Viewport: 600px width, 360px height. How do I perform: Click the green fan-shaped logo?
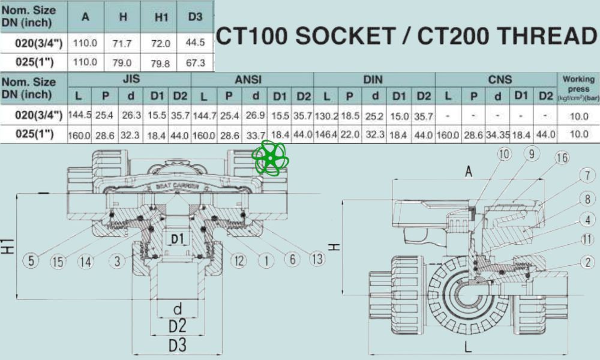pos(270,158)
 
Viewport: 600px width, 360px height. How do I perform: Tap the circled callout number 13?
pos(317,259)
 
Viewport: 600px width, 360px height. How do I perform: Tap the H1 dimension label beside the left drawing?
pos(8,247)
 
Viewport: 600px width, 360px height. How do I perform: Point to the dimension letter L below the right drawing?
pos(467,347)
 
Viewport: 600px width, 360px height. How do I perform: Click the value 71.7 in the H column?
pos(123,44)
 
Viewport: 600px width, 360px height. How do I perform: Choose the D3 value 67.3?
pos(196,62)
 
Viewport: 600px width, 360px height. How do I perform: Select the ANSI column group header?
pos(252,79)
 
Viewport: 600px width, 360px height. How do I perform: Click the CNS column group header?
pos(496,79)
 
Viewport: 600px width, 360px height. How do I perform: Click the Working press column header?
pos(578,88)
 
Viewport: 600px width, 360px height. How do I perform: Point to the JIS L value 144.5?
pos(80,116)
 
